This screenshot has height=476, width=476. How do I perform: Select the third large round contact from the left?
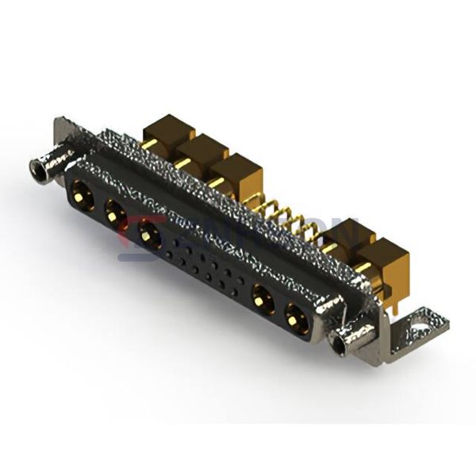148,232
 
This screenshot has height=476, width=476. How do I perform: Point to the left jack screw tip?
37,167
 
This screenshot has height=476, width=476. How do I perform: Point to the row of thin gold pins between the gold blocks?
286,219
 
